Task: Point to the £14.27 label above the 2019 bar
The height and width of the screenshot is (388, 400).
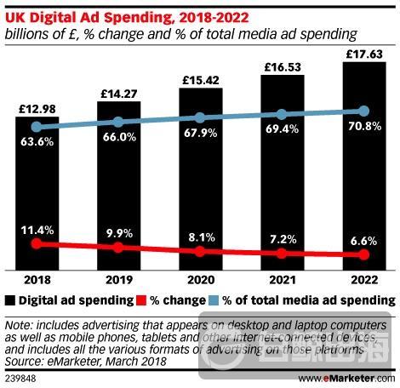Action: tap(118, 91)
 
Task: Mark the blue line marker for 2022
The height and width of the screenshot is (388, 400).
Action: tap(364, 111)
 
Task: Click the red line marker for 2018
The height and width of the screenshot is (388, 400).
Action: tap(37, 243)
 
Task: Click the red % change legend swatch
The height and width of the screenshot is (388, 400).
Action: tap(140, 300)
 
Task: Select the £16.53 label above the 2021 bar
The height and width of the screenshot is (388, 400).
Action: tap(282, 66)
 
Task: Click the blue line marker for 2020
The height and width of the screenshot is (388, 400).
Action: tap(200, 117)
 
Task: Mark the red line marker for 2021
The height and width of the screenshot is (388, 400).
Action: tap(282, 254)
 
